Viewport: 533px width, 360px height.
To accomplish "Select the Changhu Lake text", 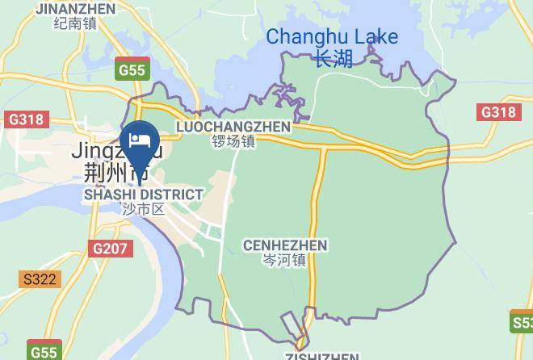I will point(332,36).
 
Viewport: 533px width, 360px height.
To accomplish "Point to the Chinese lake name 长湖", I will point(334,59).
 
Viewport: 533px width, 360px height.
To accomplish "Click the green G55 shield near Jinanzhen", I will point(131,69).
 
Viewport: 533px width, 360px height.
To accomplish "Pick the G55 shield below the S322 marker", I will point(44,352).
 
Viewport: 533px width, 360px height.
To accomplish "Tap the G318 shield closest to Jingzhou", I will point(26,119).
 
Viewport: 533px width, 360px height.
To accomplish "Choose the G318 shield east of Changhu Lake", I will point(497,112).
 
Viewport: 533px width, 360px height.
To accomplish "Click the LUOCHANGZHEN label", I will point(233,127).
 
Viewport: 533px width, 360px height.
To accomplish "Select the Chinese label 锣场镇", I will point(233,141).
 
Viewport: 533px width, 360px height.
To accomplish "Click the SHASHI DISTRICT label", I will point(144,195).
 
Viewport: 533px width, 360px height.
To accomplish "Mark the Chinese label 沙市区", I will point(144,209).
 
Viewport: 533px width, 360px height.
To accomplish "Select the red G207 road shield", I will point(110,248).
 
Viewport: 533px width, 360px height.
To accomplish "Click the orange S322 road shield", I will point(40,279).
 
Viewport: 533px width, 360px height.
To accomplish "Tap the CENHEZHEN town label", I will point(285,245).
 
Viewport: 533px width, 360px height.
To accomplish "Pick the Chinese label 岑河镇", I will point(285,260).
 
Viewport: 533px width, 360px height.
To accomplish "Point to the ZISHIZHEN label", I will point(321,356).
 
